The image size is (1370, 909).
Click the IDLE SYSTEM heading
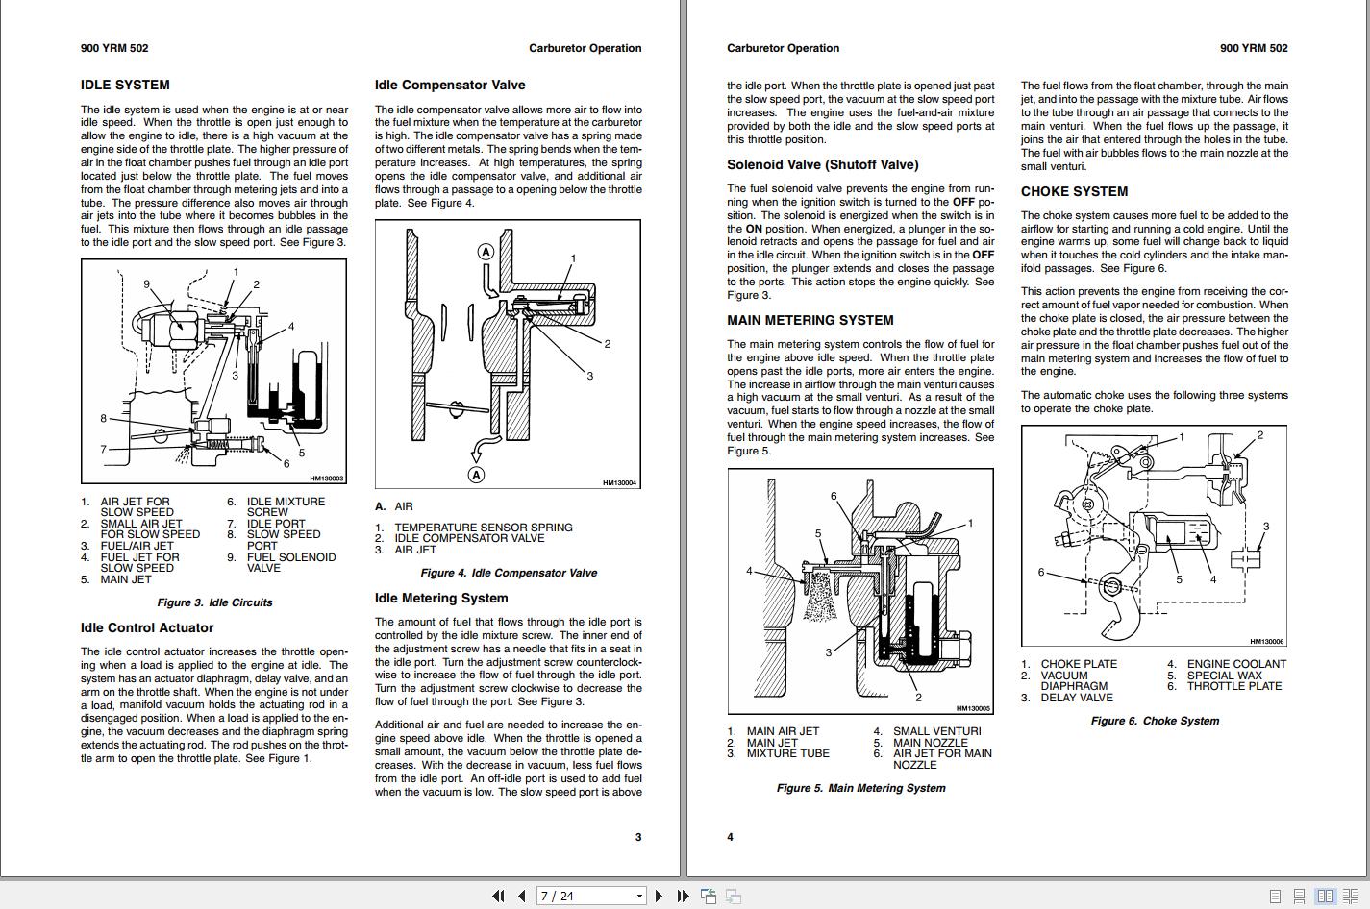tap(125, 86)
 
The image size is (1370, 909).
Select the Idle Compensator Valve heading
tap(450, 86)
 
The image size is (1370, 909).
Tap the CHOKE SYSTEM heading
tap(1074, 192)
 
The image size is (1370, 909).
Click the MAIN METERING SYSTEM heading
tap(810, 321)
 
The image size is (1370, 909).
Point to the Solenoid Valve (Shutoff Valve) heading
tap(822, 165)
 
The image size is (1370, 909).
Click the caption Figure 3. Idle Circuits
tap(214, 603)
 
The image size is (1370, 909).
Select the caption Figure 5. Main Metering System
tap(860, 788)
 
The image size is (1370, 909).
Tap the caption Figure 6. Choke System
tap(1154, 721)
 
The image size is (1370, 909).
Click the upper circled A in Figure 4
tap(486, 252)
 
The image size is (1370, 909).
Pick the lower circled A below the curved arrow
tap(476, 474)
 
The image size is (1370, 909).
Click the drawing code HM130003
tap(327, 479)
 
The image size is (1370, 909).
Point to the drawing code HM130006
tap(1266, 641)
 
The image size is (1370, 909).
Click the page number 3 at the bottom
tap(637, 837)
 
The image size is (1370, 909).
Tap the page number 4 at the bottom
tap(730, 837)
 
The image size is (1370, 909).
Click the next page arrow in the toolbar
tap(659, 896)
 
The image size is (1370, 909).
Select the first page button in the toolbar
tap(497, 896)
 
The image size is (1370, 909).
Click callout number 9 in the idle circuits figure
tap(147, 284)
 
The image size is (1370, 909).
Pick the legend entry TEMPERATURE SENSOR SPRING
tap(483, 528)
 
